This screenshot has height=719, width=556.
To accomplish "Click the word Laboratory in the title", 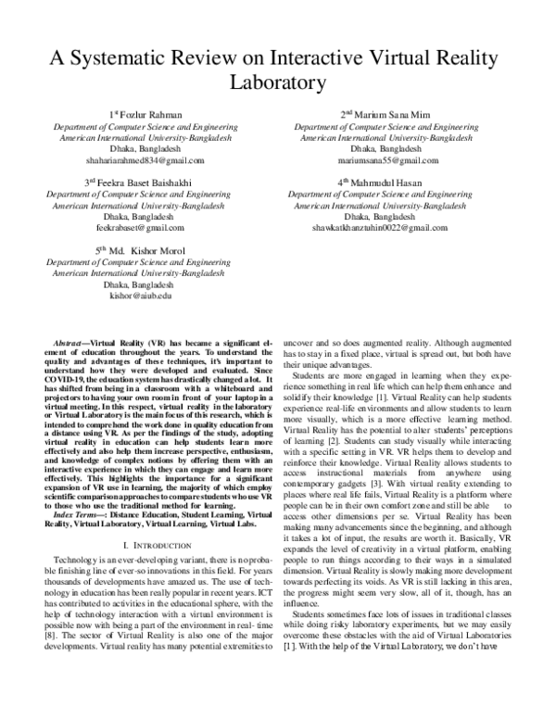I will coord(277,81).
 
